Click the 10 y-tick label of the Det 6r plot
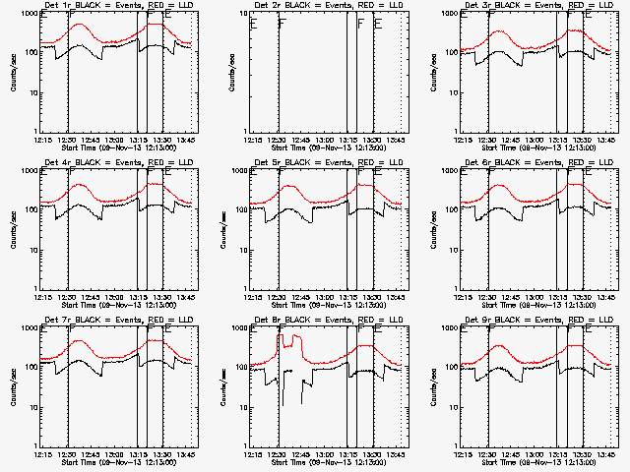(452, 250)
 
